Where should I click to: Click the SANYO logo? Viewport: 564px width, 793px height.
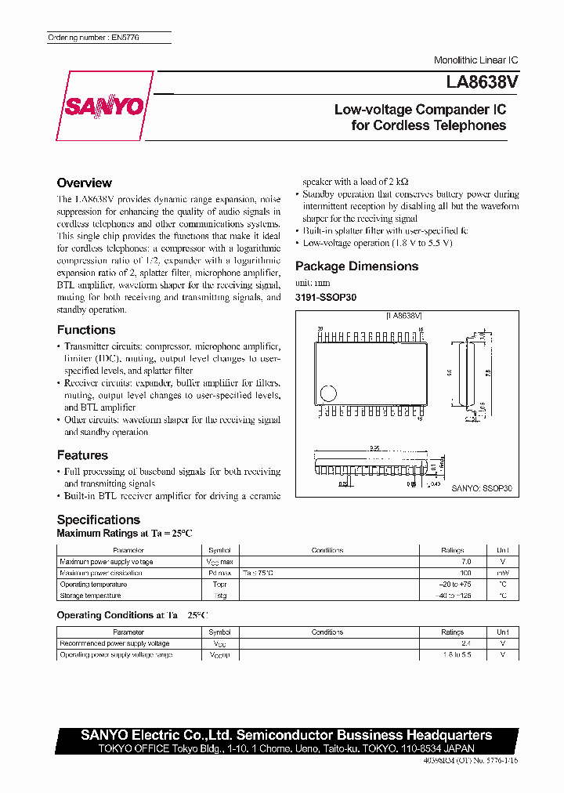(104, 107)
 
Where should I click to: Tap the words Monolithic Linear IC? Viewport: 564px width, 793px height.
(475, 60)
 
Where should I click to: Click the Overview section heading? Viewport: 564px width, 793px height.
(84, 183)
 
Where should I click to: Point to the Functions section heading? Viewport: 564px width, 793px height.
(86, 330)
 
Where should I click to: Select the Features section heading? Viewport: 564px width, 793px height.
(82, 455)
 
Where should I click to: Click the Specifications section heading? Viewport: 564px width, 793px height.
(99, 520)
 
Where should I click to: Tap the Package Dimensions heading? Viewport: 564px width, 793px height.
(356, 266)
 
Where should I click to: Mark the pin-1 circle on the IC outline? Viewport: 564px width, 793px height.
(329, 393)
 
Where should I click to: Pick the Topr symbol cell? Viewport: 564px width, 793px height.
(219, 585)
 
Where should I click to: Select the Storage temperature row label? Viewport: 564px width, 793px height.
(92, 596)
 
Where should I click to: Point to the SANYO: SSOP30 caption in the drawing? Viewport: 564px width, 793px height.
(481, 488)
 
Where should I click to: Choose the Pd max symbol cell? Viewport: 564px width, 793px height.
(219, 574)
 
